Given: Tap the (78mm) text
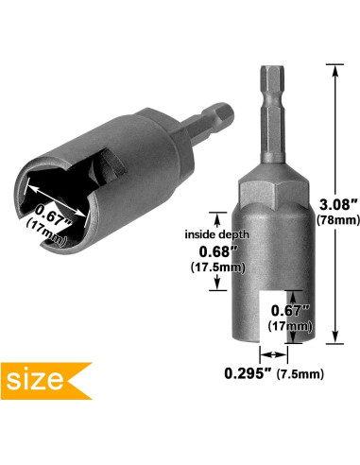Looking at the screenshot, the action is click(338, 219).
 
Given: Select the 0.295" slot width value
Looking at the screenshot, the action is click(248, 373).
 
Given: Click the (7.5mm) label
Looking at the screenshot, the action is click(300, 374).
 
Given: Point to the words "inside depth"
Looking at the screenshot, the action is click(216, 234).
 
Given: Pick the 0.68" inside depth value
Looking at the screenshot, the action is click(218, 251).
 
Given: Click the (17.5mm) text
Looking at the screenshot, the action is click(218, 267).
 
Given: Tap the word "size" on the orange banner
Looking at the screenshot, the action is click(35, 380).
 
